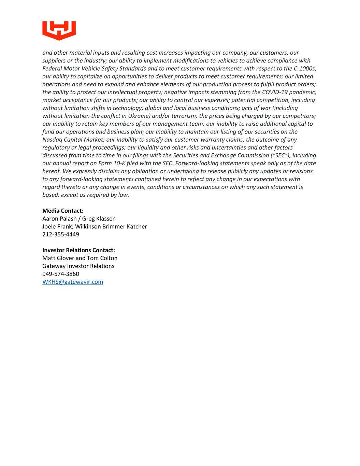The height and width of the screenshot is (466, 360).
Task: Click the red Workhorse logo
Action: (59, 30)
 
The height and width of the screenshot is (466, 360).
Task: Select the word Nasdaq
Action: (52, 140)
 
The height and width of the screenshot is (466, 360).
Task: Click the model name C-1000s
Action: (305, 69)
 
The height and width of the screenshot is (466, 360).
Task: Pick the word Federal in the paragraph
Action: (52, 69)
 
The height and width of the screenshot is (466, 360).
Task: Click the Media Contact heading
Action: (63, 211)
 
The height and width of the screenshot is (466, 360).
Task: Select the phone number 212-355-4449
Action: (61, 234)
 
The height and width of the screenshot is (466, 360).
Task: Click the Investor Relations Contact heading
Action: (78, 250)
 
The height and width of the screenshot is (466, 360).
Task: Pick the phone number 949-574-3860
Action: (61, 274)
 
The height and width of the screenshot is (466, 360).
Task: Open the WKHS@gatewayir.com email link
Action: (73, 282)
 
